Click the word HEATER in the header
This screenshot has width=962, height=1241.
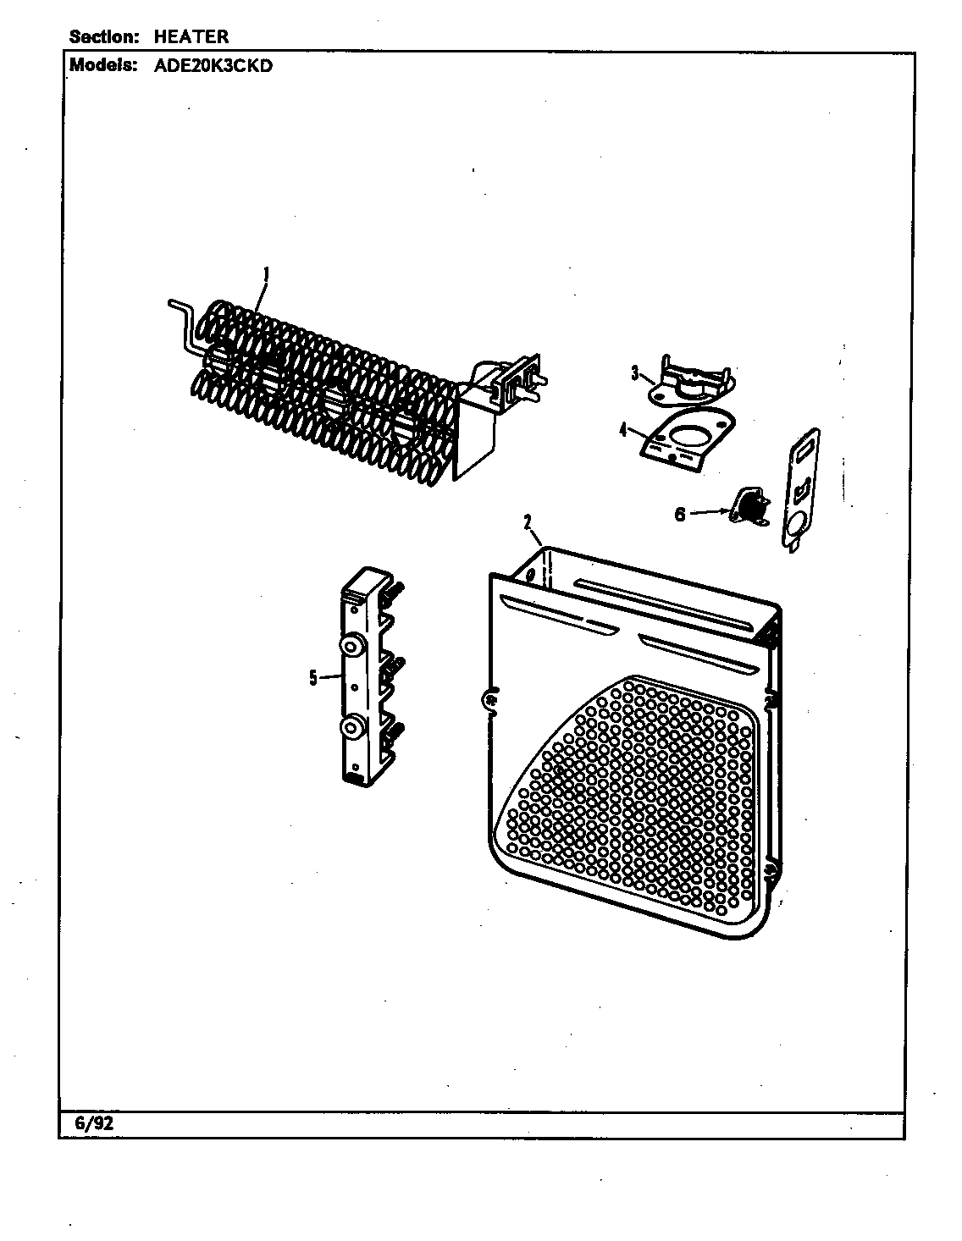pos(191,36)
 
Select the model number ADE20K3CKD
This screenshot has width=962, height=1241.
pos(213,66)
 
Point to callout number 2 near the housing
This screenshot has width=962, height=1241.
pos(527,521)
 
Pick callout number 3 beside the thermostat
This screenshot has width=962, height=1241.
pos(634,373)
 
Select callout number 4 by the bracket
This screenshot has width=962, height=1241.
pos(623,429)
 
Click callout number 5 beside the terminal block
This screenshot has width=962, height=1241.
pos(313,678)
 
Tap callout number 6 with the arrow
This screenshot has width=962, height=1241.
pos(680,515)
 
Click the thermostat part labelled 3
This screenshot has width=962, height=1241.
pos(692,378)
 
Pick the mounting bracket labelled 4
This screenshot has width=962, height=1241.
pos(686,438)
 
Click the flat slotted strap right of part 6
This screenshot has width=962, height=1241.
pos(800,491)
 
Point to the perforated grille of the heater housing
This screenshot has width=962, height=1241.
pos(634,800)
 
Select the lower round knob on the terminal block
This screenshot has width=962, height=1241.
pos(351,726)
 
